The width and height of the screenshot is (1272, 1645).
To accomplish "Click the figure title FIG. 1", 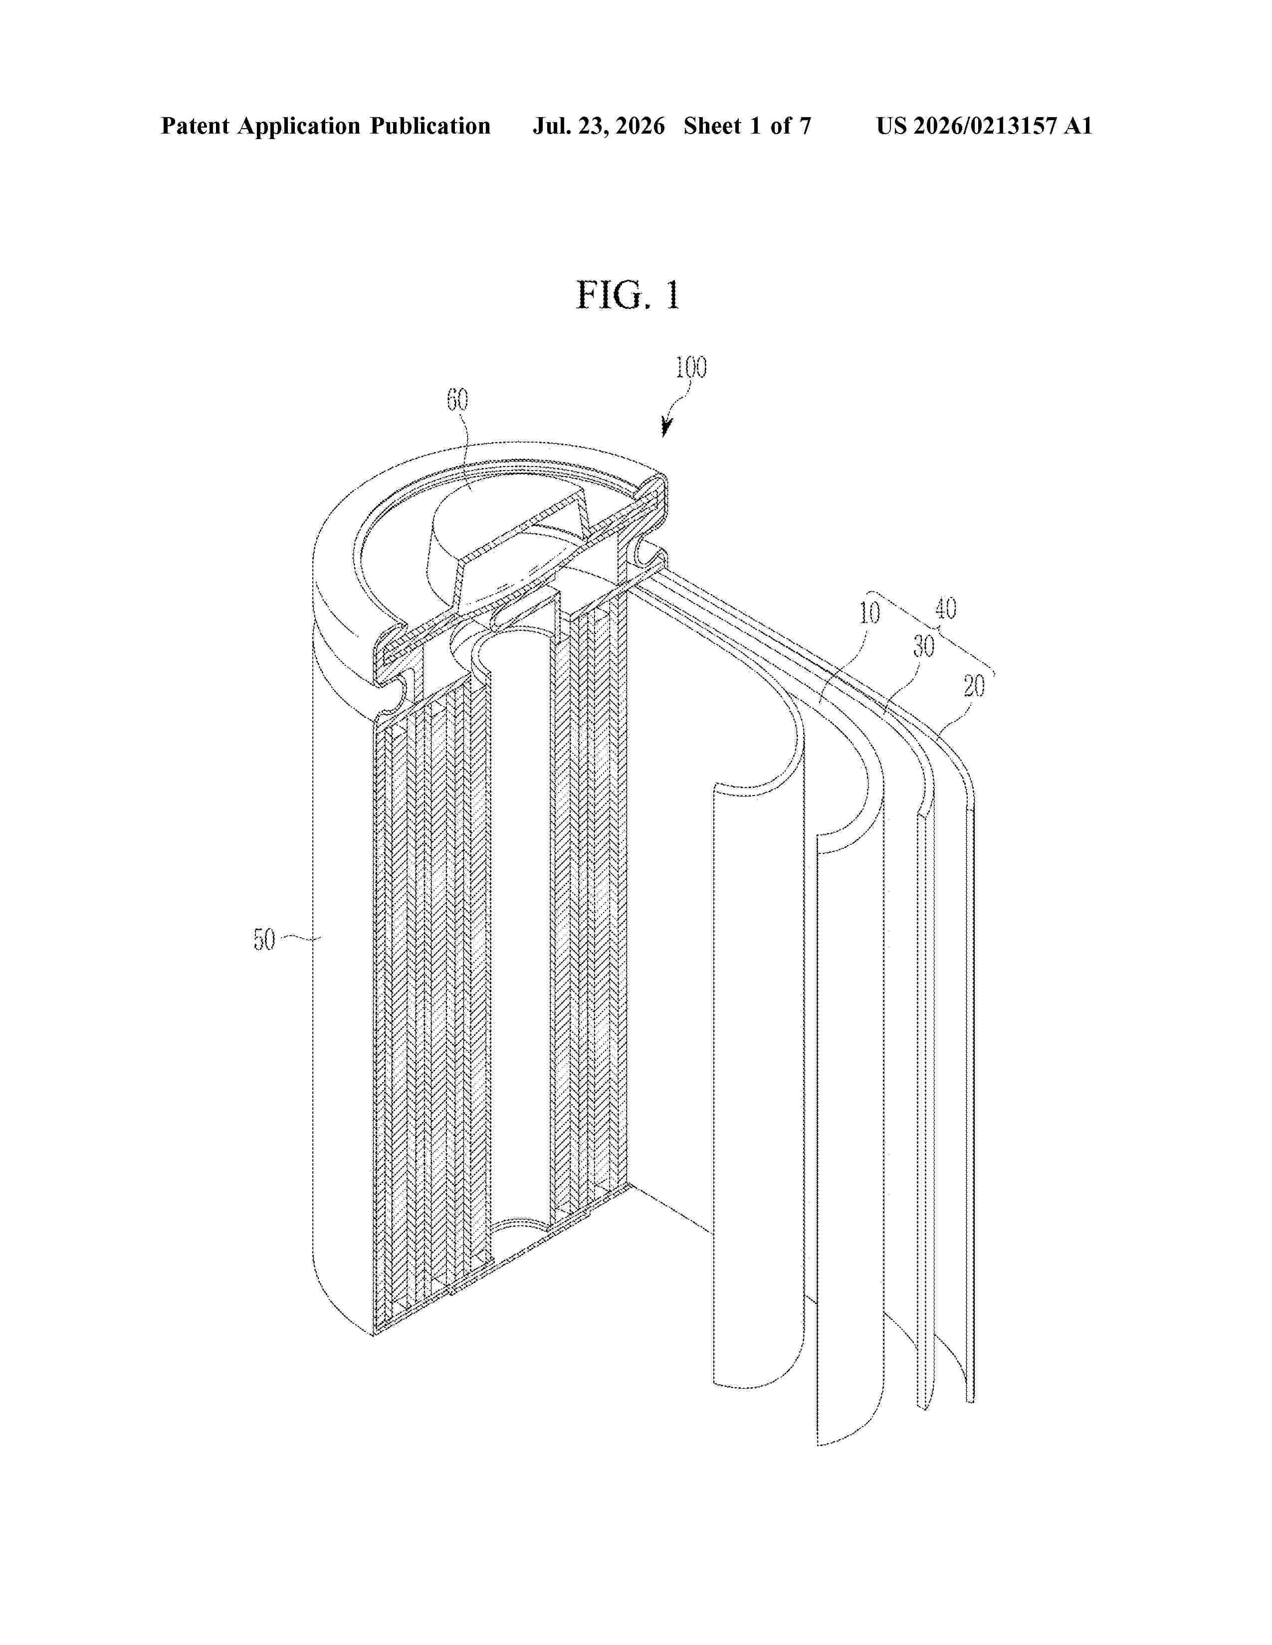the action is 628,295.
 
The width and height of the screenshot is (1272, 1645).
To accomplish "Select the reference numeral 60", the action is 457,400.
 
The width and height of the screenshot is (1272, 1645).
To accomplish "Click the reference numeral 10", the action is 869,613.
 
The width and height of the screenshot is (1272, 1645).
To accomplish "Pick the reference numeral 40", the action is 946,608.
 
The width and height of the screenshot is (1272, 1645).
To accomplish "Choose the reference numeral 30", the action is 924,646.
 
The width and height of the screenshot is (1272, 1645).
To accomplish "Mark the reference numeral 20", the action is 974,686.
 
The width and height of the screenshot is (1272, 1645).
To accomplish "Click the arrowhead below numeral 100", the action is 666,429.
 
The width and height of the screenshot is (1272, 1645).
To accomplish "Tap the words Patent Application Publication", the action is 326,126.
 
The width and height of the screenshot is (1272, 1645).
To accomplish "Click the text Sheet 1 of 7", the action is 747,126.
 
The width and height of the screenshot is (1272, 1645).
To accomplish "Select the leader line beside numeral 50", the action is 300,939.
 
